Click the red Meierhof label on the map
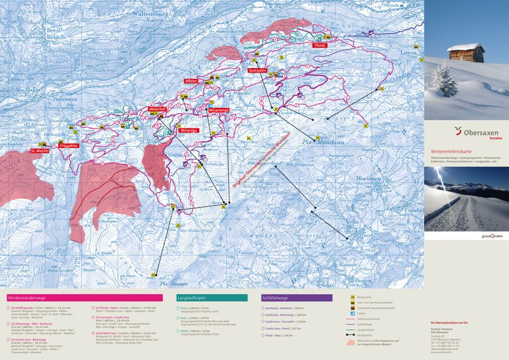[157, 109]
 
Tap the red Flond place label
[320, 46]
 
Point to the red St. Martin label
[40, 151]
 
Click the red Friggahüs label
[69, 145]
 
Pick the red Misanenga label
[218, 110]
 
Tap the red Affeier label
[191, 80]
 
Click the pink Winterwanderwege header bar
[86, 298]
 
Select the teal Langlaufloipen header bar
[212, 298]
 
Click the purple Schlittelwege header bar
[297, 298]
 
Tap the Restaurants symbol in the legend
[353, 295]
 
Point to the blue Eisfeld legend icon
[353, 313]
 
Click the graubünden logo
[492, 236]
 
